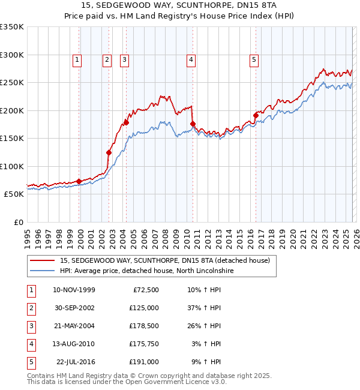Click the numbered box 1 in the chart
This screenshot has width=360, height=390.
point(78,59)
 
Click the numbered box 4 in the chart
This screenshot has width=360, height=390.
point(191,59)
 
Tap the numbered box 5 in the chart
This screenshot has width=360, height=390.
point(254,59)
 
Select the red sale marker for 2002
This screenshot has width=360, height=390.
point(109,152)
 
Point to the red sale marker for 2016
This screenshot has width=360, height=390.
point(256,115)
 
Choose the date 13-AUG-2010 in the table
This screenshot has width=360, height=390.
point(74,344)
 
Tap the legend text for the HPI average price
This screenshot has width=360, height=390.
point(146,271)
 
